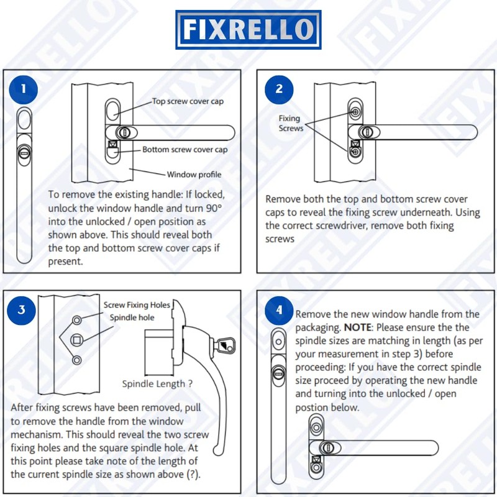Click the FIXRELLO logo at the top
tap(248, 29)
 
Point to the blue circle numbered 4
tap(279, 309)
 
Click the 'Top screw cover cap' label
tap(188, 101)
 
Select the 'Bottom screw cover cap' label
tap(185, 150)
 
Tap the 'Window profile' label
tap(194, 175)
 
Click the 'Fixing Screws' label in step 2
tap(290, 123)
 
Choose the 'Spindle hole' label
tap(132, 317)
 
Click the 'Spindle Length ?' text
tap(157, 383)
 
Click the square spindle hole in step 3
tap(78, 340)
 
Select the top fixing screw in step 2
tap(355, 112)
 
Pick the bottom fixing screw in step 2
tap(355, 152)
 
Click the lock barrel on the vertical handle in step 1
tap(25, 152)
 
